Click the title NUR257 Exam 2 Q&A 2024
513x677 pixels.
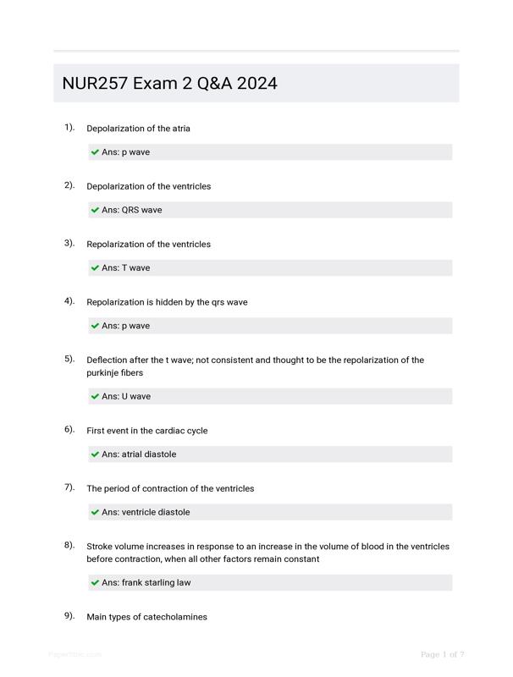[169, 83]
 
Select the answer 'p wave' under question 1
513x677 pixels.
[125, 152]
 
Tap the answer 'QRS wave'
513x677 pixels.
[131, 210]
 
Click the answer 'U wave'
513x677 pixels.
[126, 396]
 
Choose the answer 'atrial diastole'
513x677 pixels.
[139, 454]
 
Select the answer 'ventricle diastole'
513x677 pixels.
[146, 512]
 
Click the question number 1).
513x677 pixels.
[69, 127]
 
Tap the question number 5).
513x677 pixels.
[69, 359]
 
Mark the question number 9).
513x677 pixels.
[69, 616]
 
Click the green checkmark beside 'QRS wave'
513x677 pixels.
[95, 210]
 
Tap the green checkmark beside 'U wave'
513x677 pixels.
[95, 396]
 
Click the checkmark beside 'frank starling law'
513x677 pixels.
[95, 582]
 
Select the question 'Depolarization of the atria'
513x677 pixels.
[138, 129]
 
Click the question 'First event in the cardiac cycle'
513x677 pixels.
[146, 431]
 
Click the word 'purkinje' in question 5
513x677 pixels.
[104, 373]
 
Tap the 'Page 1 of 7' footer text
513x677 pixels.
[442, 654]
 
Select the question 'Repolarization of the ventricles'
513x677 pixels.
[148, 245]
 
